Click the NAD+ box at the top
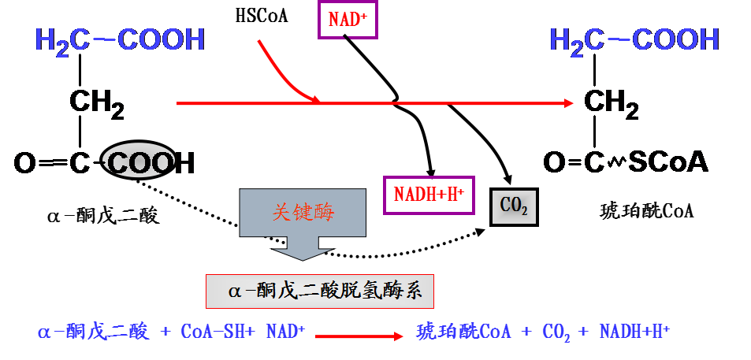(348, 20)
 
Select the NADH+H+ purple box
(429, 195)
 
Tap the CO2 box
(514, 206)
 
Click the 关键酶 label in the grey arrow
(303, 212)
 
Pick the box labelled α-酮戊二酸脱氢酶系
(320, 291)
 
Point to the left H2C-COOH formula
(120, 40)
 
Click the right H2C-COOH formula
(634, 40)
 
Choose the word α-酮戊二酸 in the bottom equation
(93, 332)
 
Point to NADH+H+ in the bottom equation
(634, 332)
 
